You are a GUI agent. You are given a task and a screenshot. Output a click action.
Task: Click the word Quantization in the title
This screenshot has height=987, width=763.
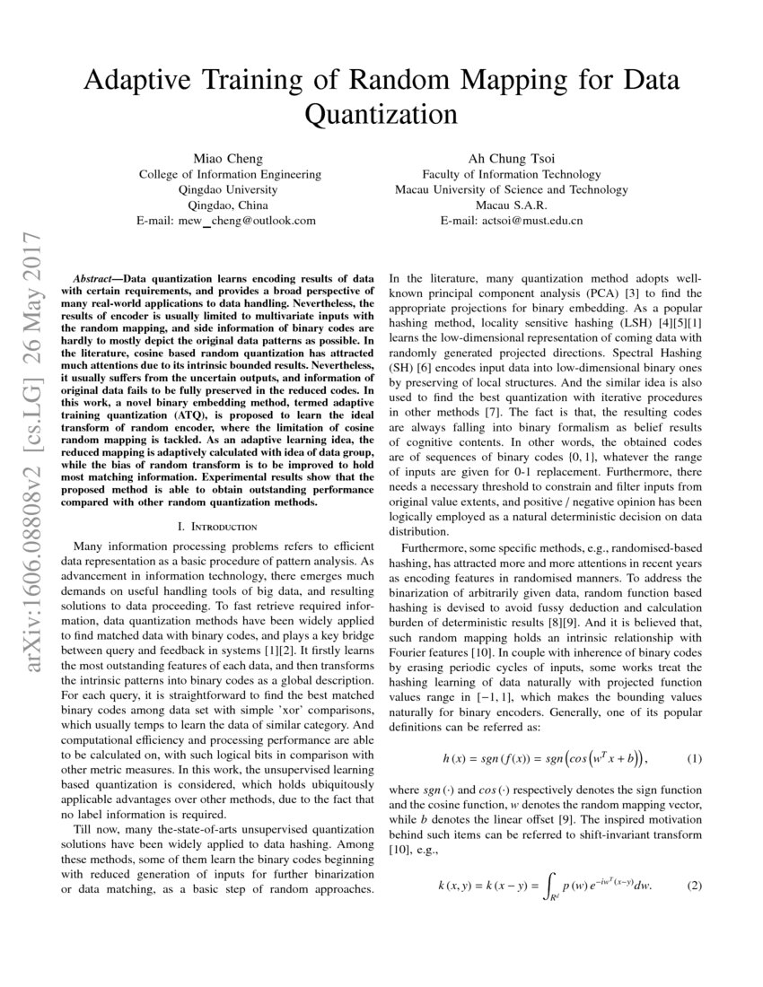[x=381, y=115]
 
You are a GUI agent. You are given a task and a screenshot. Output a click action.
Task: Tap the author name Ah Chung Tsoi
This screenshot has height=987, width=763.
[x=512, y=159]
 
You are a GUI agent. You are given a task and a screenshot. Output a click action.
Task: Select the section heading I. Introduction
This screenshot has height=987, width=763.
[x=219, y=526]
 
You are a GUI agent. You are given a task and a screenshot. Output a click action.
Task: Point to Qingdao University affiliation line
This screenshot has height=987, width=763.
[x=229, y=189]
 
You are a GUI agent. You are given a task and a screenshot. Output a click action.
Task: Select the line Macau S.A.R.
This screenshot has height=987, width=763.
[x=512, y=205]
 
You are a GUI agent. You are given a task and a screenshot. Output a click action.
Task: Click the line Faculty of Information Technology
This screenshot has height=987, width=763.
[x=512, y=174]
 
